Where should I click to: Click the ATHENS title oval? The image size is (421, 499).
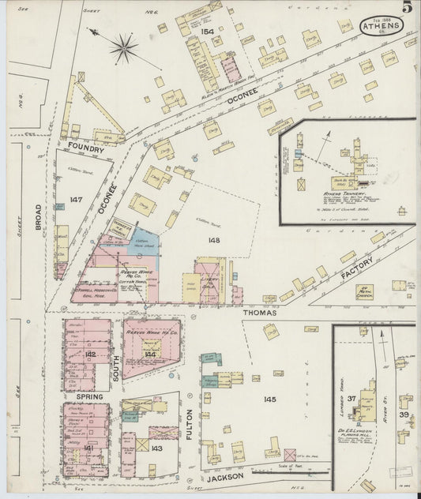(x=382, y=25)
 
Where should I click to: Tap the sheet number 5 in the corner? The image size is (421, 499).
(x=406, y=8)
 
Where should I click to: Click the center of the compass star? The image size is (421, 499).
(x=123, y=49)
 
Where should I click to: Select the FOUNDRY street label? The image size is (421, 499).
(x=86, y=146)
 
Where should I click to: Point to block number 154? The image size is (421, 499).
(x=208, y=32)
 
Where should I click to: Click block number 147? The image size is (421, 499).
(x=76, y=201)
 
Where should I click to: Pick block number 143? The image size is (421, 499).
(x=156, y=448)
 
